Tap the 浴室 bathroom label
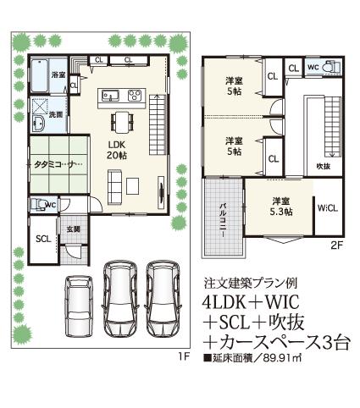pos(58,75)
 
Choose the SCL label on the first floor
pos(42,238)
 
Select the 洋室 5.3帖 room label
pos(280,207)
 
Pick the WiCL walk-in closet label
pos(327,207)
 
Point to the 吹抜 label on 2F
pos(324,166)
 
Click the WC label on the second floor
pos(313,66)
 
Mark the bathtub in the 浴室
pos(42,76)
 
